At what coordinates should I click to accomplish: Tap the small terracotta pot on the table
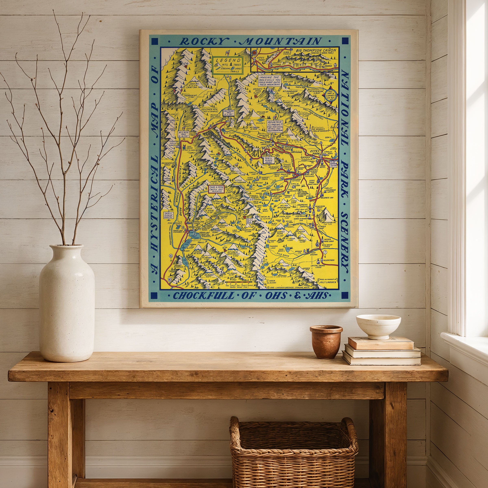coord(326,342)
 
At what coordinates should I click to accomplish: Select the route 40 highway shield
coord(170,279)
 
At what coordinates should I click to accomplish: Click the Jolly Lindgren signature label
coord(327,281)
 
